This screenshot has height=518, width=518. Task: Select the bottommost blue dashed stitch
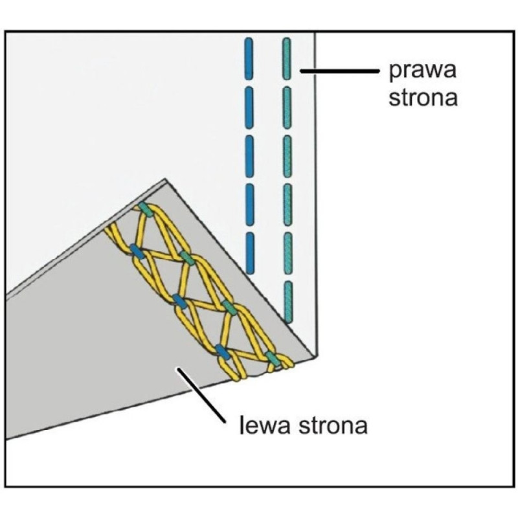tap(249, 253)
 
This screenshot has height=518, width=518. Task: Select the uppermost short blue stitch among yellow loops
tap(135, 251)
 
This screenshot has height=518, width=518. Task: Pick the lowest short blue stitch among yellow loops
tap(223, 352)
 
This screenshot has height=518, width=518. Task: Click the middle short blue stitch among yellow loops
tap(179, 300)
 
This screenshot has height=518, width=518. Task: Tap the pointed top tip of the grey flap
tap(166, 179)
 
